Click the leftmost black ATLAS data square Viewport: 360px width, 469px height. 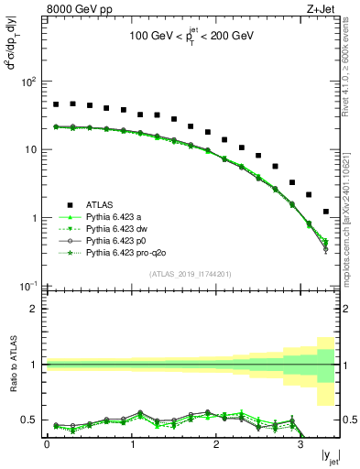coord(56,104)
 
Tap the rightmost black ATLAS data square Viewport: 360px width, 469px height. coord(326,212)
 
